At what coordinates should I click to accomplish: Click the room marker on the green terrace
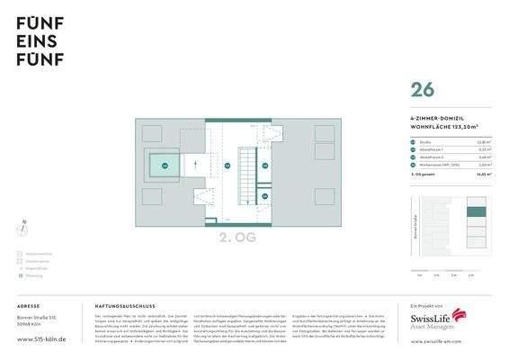165,166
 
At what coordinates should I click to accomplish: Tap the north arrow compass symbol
23,229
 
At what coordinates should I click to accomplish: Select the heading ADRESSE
28,306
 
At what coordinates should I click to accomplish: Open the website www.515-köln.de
42,340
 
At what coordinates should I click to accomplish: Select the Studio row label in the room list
423,141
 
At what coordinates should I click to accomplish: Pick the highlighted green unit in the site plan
477,212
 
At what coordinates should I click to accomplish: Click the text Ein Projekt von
423,306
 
